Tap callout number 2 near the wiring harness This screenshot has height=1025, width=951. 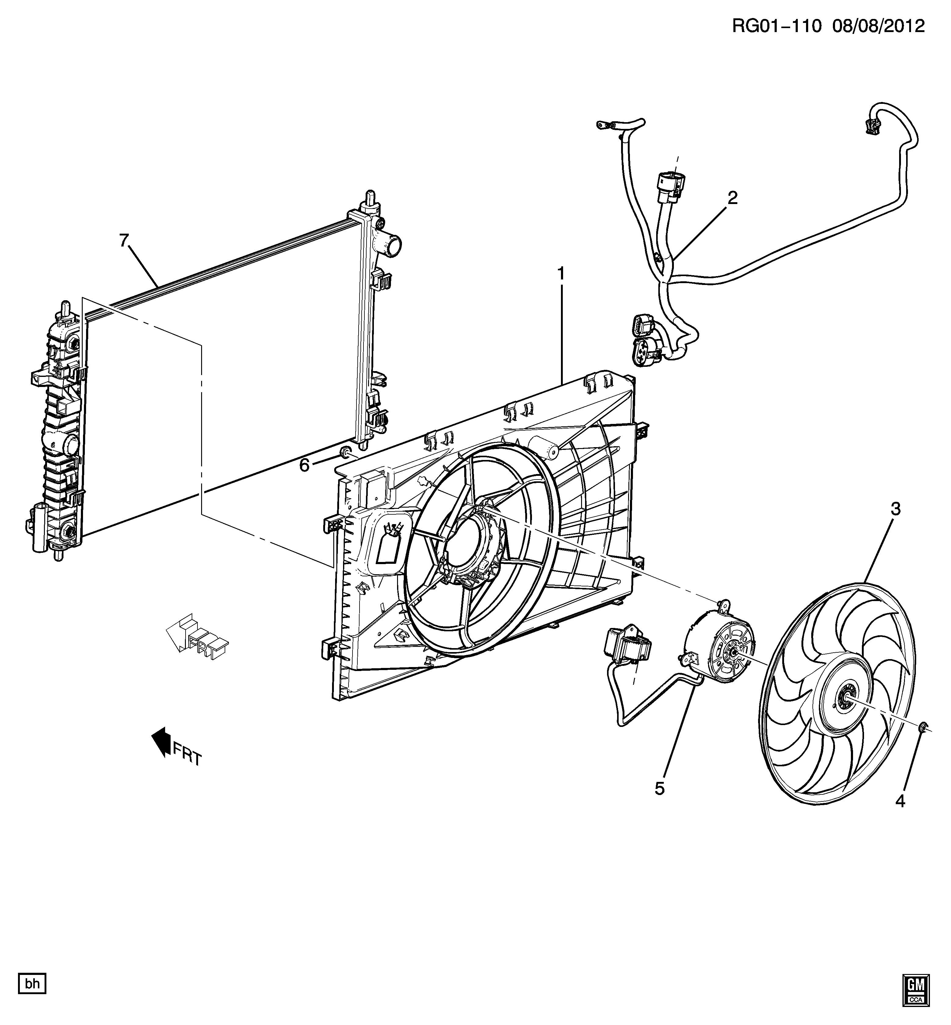pos(732,198)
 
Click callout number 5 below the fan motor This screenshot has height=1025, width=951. pos(660,788)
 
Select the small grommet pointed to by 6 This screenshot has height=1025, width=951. pos(346,453)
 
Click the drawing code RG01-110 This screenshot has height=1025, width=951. pos(777,26)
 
